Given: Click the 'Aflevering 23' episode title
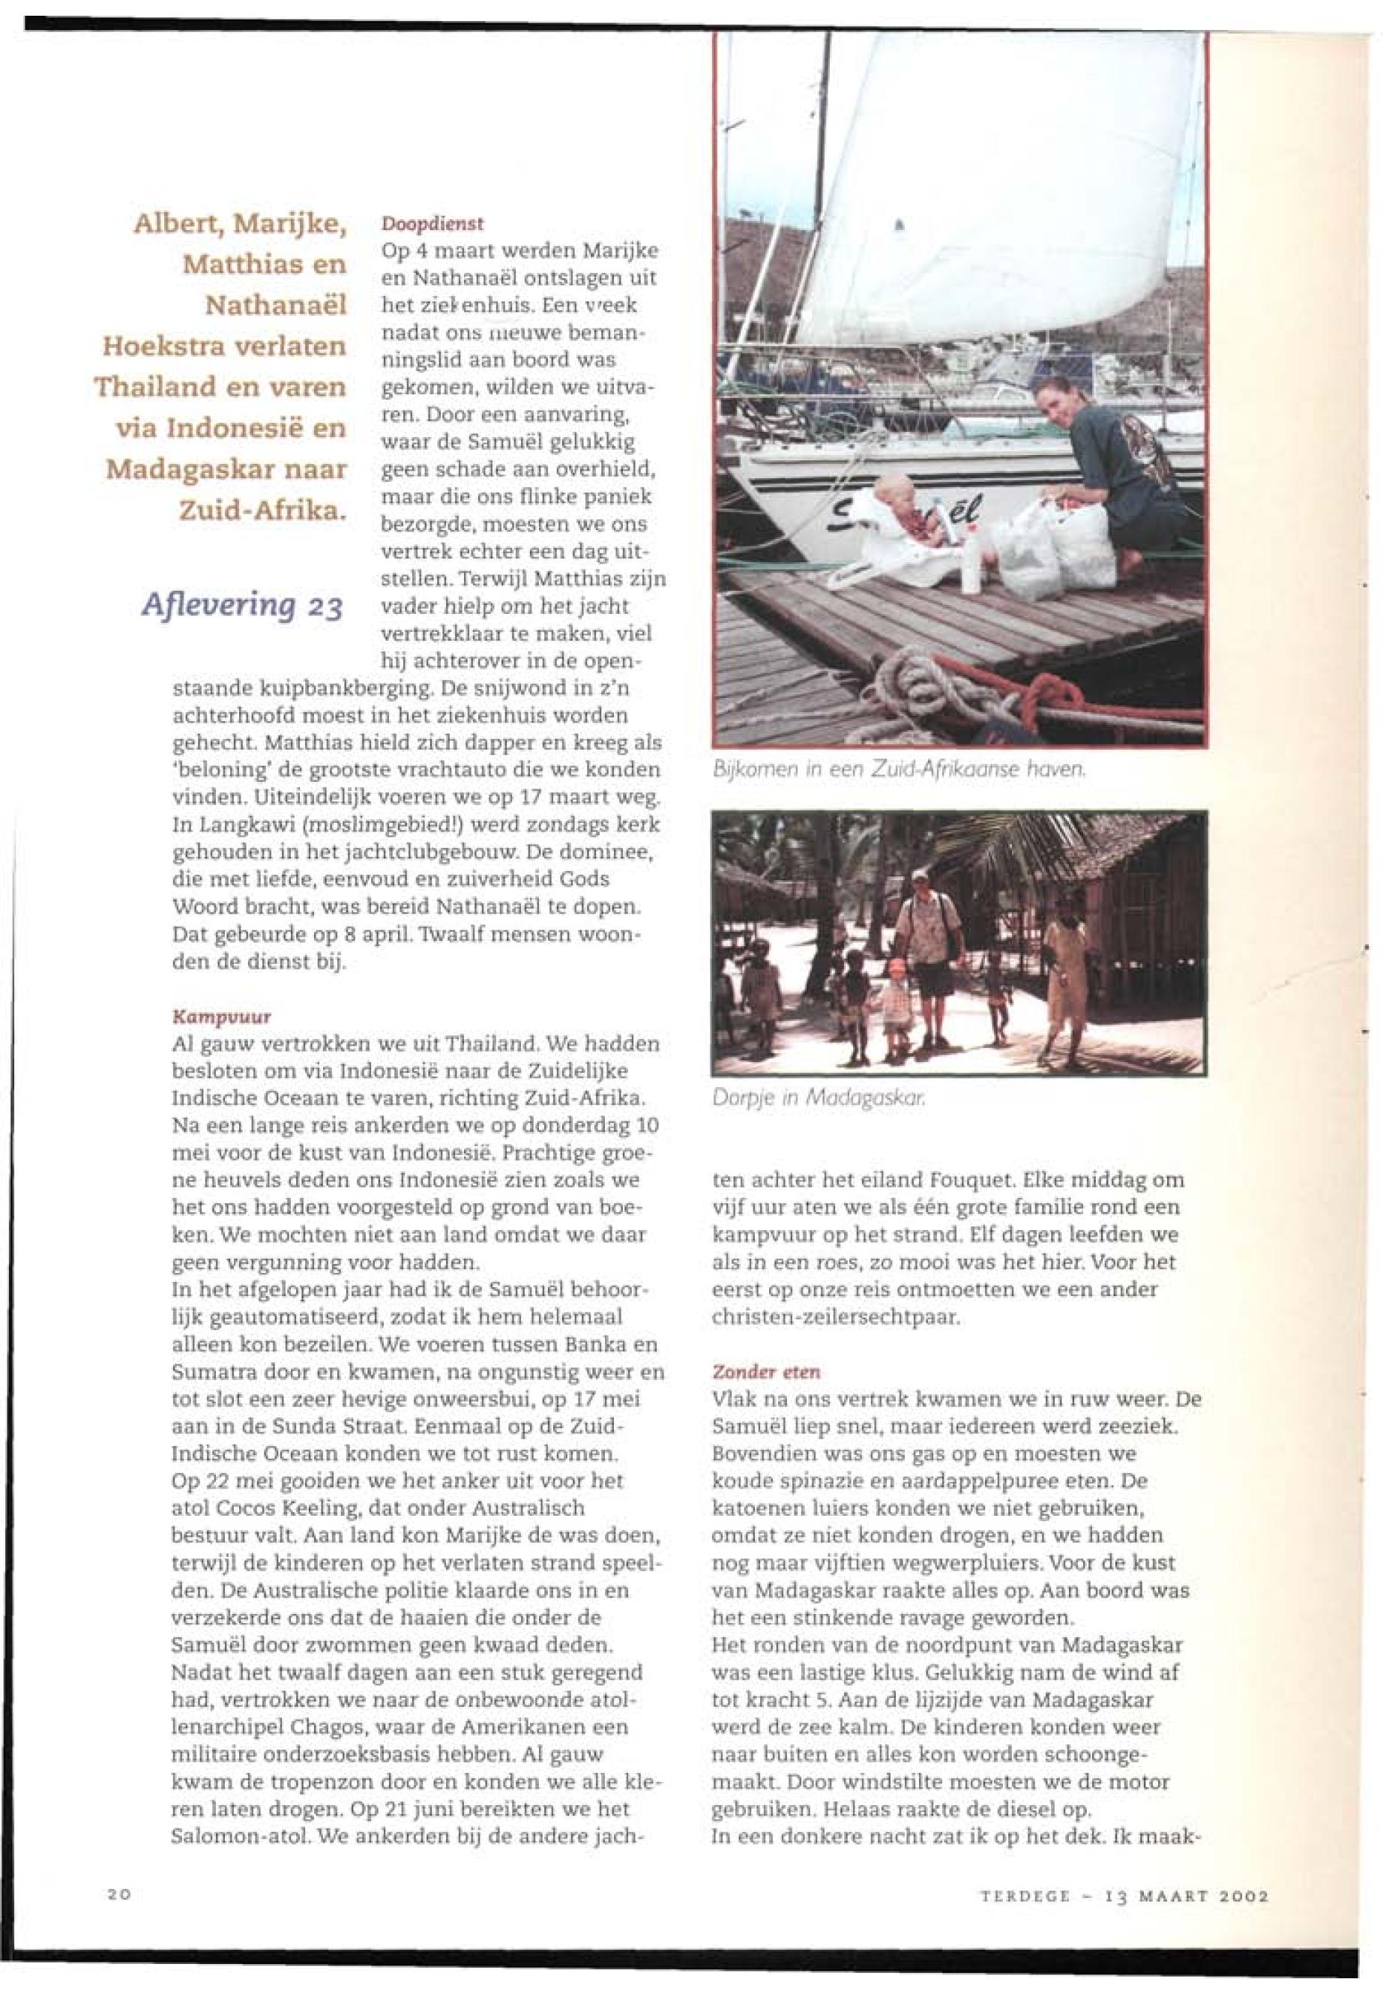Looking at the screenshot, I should point(242,604).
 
